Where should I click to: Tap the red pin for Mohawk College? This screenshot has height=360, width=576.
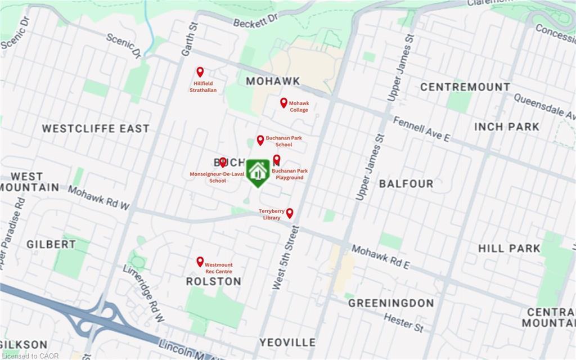284,103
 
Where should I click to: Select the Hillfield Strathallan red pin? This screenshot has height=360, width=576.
200,72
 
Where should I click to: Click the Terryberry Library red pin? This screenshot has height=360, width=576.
290,213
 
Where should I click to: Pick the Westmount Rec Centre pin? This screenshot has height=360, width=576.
200,262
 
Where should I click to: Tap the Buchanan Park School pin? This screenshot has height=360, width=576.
260,140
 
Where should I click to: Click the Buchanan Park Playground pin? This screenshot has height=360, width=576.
277,160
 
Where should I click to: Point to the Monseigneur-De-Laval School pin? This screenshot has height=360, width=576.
223,162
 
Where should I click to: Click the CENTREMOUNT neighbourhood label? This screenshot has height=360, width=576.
465,87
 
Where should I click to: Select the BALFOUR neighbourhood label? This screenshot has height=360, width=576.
406,184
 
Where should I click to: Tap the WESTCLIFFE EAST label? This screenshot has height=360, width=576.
96,128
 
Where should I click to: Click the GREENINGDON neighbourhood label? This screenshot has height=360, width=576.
391,303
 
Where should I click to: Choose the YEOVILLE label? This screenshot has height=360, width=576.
287,342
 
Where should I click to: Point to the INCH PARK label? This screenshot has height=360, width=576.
507,127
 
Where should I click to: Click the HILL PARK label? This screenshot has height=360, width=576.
509,248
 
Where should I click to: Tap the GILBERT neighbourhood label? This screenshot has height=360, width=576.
51,244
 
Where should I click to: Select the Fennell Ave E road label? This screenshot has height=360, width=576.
422,129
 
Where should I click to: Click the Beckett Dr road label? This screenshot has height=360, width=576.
256,21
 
